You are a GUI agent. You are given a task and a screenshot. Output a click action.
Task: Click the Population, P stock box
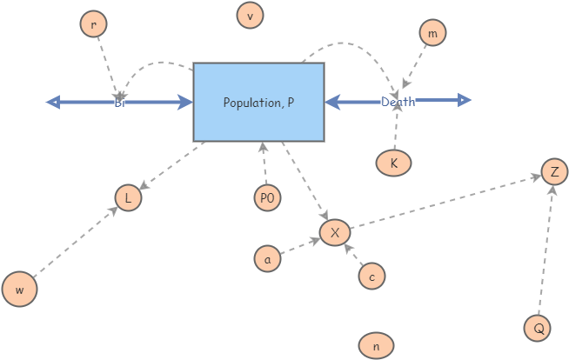258,102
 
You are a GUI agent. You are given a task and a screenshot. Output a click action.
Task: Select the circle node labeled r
93,24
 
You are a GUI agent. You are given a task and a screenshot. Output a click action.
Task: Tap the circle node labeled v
251,15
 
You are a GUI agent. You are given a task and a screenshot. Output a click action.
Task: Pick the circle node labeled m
432,33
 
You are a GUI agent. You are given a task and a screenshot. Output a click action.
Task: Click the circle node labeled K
393,163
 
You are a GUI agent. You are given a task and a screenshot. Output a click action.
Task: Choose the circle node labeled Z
554,171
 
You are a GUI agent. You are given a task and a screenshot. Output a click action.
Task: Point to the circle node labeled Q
538,328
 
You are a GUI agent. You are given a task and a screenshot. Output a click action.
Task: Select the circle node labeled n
376,345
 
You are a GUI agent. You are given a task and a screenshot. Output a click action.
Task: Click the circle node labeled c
372,276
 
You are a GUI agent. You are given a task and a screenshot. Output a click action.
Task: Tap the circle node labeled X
335,233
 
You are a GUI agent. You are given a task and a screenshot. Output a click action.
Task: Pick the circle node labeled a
268,258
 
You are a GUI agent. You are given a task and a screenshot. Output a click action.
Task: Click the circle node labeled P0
267,198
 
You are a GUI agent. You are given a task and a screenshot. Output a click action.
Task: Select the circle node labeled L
128,198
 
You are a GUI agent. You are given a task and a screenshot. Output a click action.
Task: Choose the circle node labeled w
19,290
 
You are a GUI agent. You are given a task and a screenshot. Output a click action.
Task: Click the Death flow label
398,102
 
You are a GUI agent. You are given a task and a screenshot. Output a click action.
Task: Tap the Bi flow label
120,103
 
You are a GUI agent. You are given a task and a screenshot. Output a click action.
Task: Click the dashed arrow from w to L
73,244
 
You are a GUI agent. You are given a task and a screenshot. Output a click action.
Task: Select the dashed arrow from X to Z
444,203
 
